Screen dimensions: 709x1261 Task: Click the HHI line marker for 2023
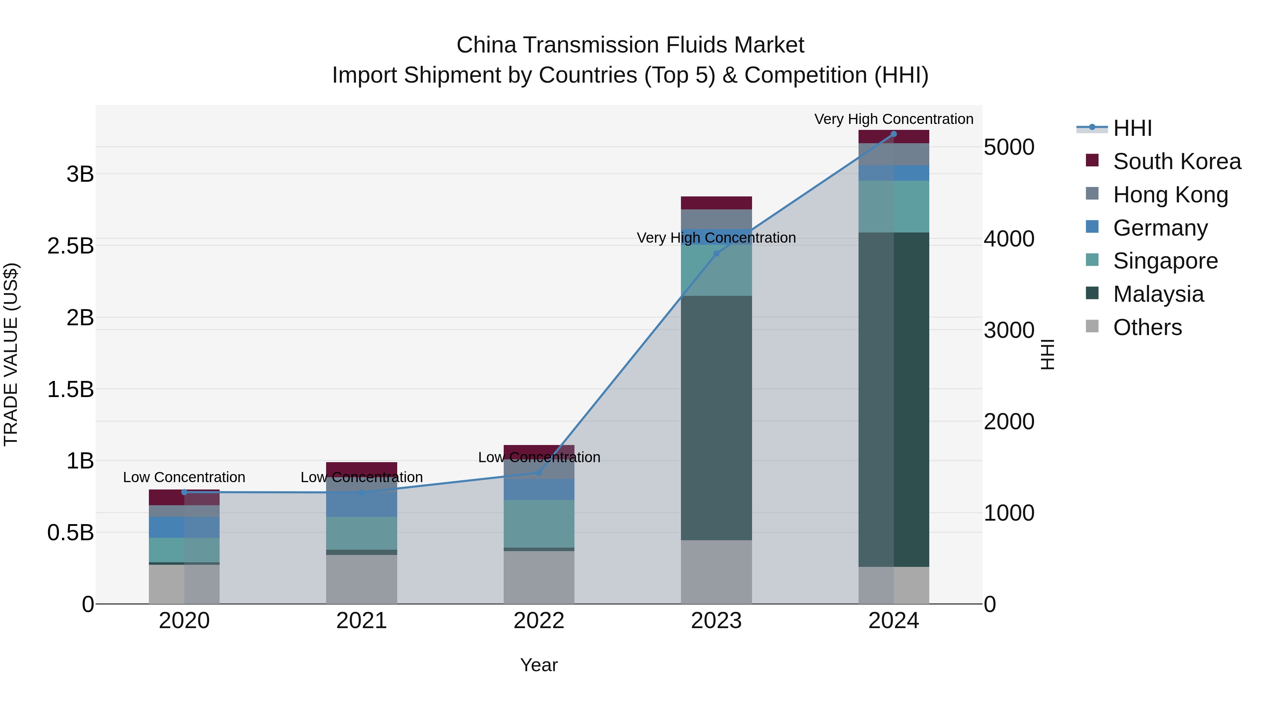point(716,253)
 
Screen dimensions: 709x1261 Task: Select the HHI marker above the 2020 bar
point(184,492)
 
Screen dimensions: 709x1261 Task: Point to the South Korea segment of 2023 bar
point(716,203)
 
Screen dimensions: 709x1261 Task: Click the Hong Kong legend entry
point(1170,195)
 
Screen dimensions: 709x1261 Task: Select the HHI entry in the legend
point(1132,128)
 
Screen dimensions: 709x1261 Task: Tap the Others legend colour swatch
point(1092,326)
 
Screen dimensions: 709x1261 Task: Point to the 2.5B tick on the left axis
point(70,246)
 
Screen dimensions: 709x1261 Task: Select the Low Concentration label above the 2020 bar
point(184,477)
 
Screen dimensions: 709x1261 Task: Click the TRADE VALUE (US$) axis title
point(11,354)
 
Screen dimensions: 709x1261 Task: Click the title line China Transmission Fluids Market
point(630,45)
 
